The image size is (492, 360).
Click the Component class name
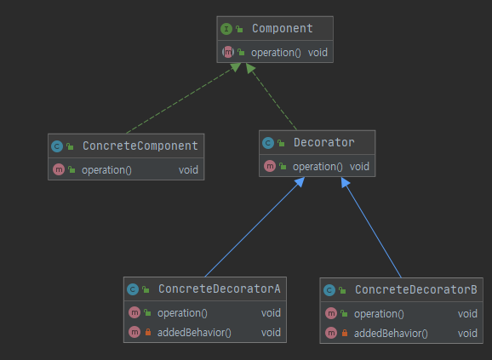[x=282, y=29]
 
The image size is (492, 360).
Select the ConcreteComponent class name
[x=140, y=146]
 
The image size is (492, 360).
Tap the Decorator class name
[x=326, y=142]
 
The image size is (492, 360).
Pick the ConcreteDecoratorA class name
[x=219, y=289]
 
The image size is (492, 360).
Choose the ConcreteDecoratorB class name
[x=416, y=289]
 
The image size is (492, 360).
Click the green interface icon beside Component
[x=226, y=29]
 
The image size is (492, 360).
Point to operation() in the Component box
[x=276, y=52]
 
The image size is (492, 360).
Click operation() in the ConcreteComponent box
[x=107, y=169]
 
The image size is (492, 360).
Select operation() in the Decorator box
[x=318, y=166]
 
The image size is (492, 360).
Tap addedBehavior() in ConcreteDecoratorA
[x=195, y=332]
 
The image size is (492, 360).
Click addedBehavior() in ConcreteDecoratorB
[x=391, y=333]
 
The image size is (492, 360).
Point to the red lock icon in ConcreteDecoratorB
[x=345, y=333]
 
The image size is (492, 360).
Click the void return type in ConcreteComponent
[x=188, y=169]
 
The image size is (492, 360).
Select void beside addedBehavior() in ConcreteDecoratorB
[x=467, y=333]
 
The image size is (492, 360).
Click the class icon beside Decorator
[x=268, y=142]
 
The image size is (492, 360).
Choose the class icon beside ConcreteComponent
[x=57, y=146]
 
